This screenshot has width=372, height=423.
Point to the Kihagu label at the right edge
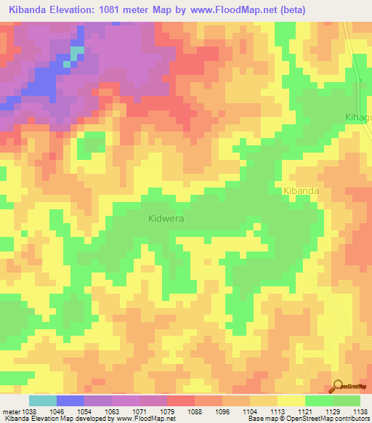pos(357,117)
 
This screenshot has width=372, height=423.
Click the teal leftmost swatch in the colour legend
pos(42,400)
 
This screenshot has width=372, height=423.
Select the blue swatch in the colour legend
pos(70,400)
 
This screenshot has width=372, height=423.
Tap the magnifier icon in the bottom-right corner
pos(339,386)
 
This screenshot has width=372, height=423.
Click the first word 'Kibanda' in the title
pos(28,9)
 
